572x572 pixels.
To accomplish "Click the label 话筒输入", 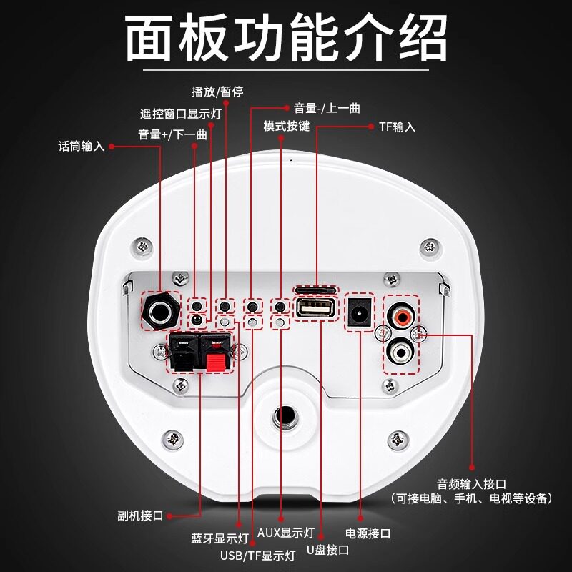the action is pos(81,147).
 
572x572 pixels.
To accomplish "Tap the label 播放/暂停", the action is pos(215,92).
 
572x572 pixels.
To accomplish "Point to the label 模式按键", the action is pos(287,126).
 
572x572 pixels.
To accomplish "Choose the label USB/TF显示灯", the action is pos(257,555).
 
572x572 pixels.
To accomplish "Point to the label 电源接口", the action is pos(368,533).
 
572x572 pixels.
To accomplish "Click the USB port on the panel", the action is pos(312,309).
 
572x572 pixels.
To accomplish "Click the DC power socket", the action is pos(360,310).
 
